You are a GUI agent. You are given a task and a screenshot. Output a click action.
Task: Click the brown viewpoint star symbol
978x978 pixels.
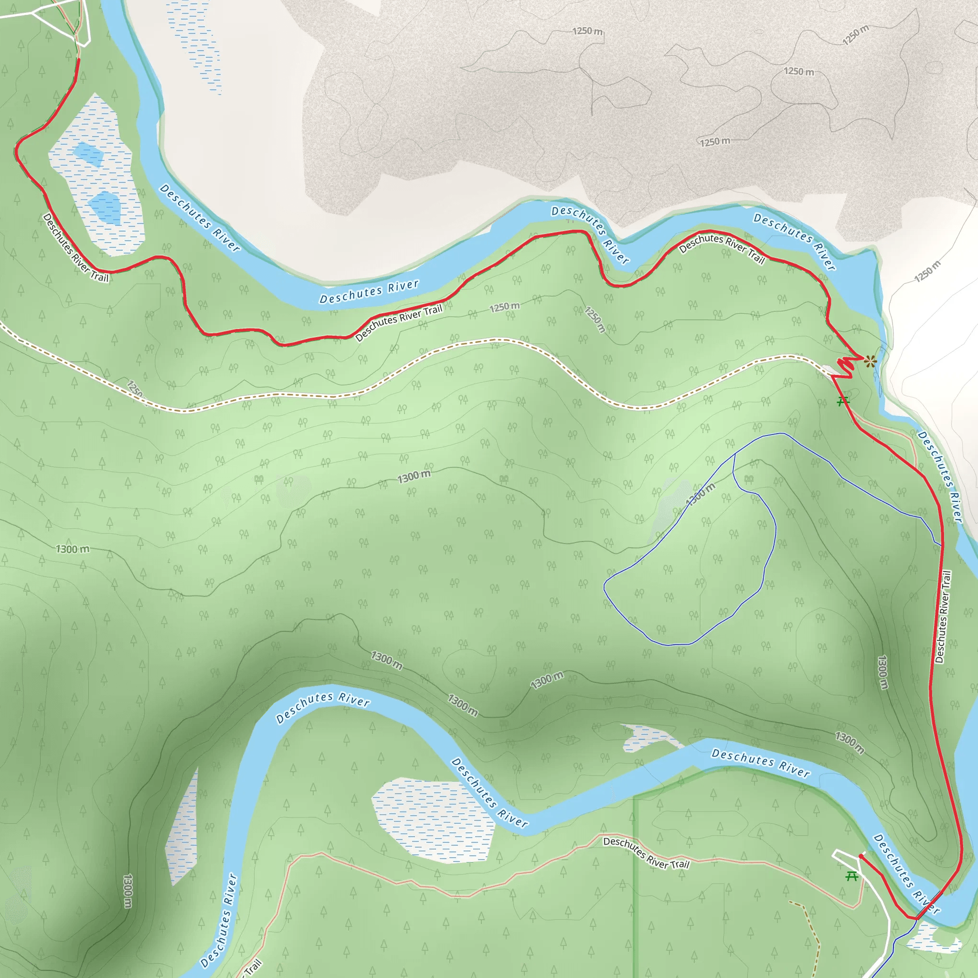(870, 361)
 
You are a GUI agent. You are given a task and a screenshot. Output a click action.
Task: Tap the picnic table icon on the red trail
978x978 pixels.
(842, 402)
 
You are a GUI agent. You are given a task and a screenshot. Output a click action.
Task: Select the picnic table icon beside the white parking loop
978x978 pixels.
(852, 876)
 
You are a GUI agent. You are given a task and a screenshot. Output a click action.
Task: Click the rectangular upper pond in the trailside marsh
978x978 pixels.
(89, 154)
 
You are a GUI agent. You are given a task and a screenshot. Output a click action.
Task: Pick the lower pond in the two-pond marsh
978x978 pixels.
(106, 207)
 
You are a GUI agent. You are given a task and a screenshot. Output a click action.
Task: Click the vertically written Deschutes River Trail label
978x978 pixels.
(944, 617)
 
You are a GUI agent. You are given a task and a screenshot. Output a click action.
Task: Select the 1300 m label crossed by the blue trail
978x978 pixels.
(701, 494)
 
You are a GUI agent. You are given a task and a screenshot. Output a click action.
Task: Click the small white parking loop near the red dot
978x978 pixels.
(846, 858)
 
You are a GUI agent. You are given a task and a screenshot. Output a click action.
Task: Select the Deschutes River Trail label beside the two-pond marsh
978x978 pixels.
(75, 247)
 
